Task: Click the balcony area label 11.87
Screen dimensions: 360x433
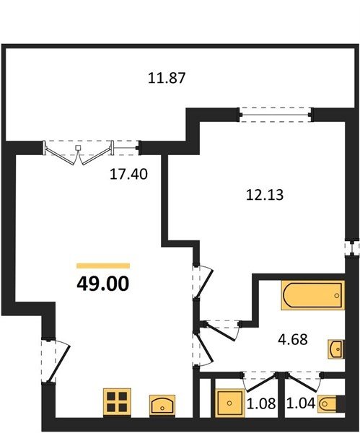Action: click(167, 78)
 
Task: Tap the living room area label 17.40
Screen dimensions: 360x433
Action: click(128, 174)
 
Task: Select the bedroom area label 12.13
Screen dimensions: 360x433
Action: click(265, 195)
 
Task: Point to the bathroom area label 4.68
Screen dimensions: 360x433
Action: click(293, 339)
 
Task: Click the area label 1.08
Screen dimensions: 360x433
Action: click(261, 403)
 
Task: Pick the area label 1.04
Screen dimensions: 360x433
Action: click(301, 403)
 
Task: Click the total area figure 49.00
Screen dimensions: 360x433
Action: click(102, 284)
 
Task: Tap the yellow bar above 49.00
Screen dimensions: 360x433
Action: click(103, 266)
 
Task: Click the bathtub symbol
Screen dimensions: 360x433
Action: click(313, 295)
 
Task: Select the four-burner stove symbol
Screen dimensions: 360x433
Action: click(117, 402)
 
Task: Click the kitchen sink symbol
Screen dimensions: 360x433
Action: click(162, 405)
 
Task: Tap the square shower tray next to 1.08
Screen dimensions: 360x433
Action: click(229, 403)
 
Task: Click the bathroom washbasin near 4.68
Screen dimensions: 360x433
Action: click(336, 349)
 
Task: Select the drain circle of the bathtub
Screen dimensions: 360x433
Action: click(336, 295)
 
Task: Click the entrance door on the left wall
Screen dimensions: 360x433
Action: click(56, 360)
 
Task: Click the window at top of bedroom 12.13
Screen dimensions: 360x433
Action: click(276, 115)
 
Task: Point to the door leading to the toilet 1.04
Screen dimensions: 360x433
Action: click(304, 382)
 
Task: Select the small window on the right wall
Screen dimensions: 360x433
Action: click(352, 248)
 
